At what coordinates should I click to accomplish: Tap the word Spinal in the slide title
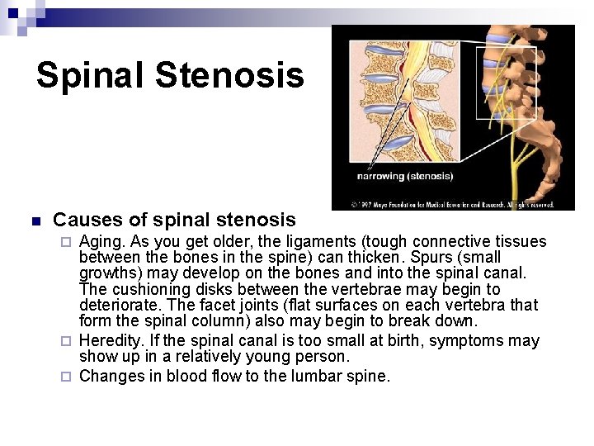point(90,75)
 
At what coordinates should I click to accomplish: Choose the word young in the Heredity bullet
point(280,357)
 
